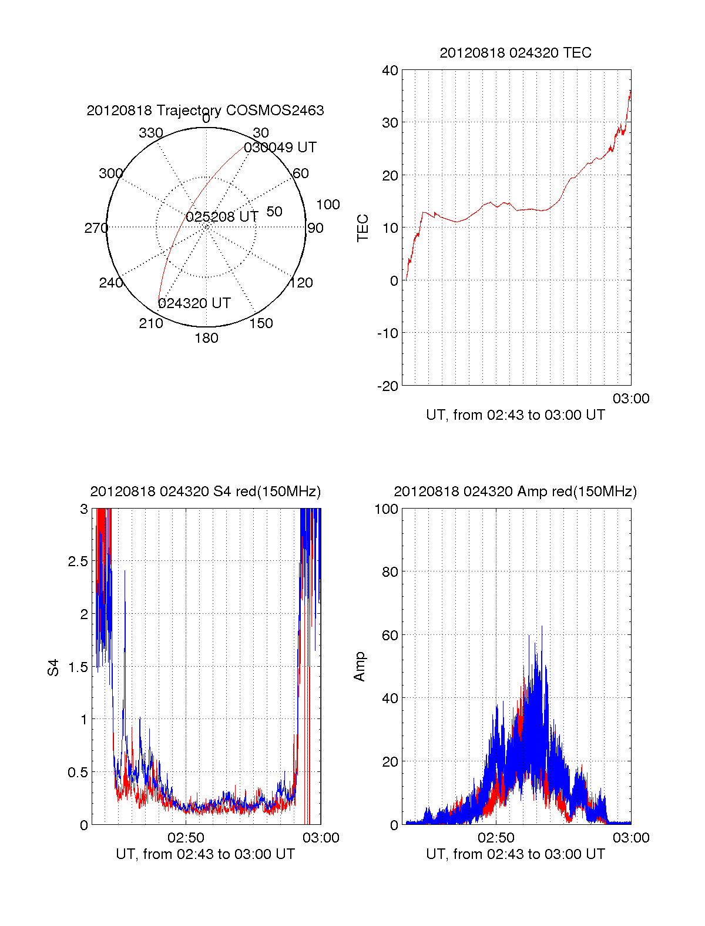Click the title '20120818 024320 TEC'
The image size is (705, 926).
point(515,53)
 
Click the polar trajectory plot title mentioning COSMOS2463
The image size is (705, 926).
point(205,111)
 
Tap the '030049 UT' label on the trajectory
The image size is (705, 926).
point(280,148)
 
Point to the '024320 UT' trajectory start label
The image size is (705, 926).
point(194,303)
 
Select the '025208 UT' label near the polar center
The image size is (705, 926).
point(222,217)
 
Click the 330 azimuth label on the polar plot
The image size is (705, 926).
point(151,133)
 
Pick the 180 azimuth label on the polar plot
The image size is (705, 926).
point(206,338)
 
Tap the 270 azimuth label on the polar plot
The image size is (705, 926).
point(96,228)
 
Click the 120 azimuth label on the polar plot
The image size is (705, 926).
point(301,283)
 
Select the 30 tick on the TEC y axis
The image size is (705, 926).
point(390,123)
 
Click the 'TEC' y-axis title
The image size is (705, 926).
point(363,228)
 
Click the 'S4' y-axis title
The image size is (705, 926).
point(53,667)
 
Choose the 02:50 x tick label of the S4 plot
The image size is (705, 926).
point(186,838)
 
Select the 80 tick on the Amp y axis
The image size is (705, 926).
point(390,571)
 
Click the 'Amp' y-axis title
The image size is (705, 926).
point(360,667)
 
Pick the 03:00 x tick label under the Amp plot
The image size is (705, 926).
point(631,838)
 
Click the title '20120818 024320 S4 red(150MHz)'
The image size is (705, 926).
point(205,492)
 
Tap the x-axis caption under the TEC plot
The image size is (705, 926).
point(515,415)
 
